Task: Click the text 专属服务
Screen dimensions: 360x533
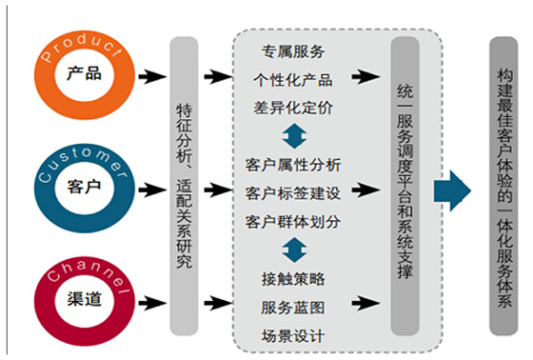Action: tap(292, 50)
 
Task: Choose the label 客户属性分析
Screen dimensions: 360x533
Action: tap(293, 165)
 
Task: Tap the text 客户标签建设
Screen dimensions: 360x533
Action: tap(293, 193)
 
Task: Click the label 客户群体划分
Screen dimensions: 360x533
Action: tap(293, 222)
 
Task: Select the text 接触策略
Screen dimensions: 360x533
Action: tap(293, 279)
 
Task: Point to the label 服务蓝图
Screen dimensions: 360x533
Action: tap(293, 308)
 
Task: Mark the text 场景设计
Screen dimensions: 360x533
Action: tap(293, 336)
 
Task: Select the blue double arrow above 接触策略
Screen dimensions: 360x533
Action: tap(293, 250)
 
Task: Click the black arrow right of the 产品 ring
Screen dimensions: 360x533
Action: tap(148, 75)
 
